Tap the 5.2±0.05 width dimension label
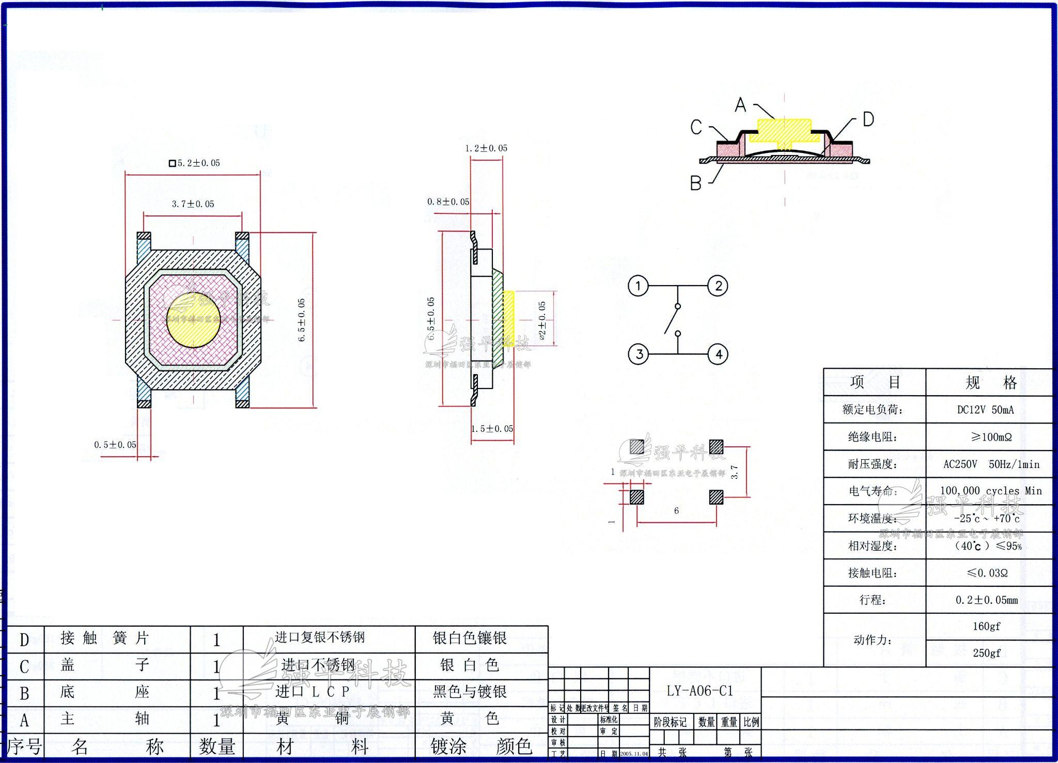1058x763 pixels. [x=195, y=163]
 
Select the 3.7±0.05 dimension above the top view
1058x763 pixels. [x=193, y=204]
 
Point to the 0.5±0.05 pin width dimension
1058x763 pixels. [x=115, y=445]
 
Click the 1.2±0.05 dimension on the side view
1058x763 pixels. [x=486, y=148]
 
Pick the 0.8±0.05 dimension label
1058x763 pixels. [x=448, y=202]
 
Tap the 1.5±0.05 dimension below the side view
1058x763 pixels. [x=492, y=429]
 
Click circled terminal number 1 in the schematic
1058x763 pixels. [x=638, y=286]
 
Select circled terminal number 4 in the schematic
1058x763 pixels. [x=718, y=354]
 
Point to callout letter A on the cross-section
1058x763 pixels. [x=740, y=105]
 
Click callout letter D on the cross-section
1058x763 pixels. [x=868, y=119]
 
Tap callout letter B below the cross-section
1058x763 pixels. [x=695, y=183]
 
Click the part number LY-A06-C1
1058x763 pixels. [x=699, y=691]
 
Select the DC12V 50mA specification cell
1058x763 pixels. [x=985, y=410]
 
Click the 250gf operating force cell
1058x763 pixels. [x=986, y=653]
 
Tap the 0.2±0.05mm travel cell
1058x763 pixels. [x=986, y=600]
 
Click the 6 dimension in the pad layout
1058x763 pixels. [x=676, y=511]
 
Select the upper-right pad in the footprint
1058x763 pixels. [x=716, y=446]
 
